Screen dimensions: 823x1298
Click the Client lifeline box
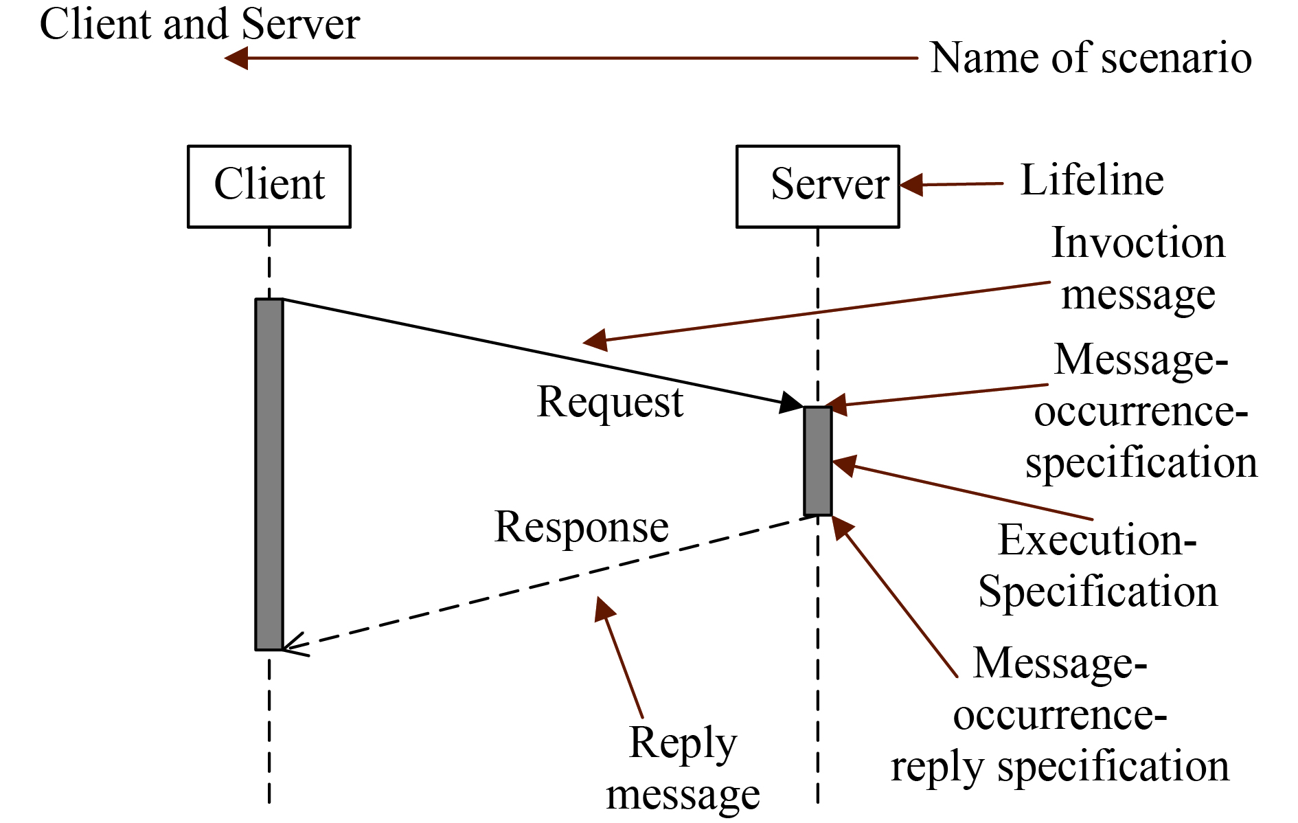(x=269, y=186)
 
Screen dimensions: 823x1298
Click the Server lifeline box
(x=817, y=186)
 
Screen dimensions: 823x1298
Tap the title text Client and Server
(x=199, y=24)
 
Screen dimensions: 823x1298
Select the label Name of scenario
(x=1091, y=58)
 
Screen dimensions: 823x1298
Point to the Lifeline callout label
(x=1092, y=181)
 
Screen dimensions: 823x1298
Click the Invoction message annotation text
(x=1138, y=269)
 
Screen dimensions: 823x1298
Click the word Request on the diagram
(x=609, y=402)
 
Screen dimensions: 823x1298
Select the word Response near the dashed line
(x=581, y=528)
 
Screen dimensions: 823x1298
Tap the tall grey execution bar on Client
(x=269, y=474)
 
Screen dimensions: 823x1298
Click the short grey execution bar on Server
(x=817, y=461)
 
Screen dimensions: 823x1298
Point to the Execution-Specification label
(x=1097, y=566)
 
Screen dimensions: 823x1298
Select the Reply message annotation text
(x=683, y=769)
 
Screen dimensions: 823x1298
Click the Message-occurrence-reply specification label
(x=1060, y=714)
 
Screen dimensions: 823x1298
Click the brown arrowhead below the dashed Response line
(x=604, y=609)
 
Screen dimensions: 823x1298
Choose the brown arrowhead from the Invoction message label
(x=595, y=339)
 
